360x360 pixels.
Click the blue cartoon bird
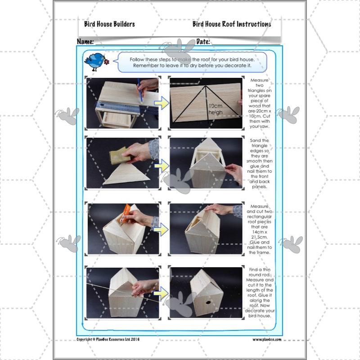pyautogui.click(x=96, y=61)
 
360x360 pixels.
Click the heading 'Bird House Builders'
pyautogui.click(x=109, y=24)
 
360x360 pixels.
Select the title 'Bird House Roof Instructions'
pyautogui.click(x=232, y=24)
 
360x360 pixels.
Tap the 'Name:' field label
pyautogui.click(x=85, y=41)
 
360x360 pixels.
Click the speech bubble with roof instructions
pyautogui.click(x=192, y=62)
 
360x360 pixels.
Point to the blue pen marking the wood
pyautogui.click(x=140, y=92)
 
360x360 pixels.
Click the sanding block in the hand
pyautogui.click(x=120, y=156)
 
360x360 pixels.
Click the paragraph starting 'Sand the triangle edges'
pyautogui.click(x=261, y=163)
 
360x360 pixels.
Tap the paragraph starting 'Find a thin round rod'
pyautogui.click(x=261, y=292)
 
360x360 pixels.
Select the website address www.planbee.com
pyautogui.click(x=266, y=339)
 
